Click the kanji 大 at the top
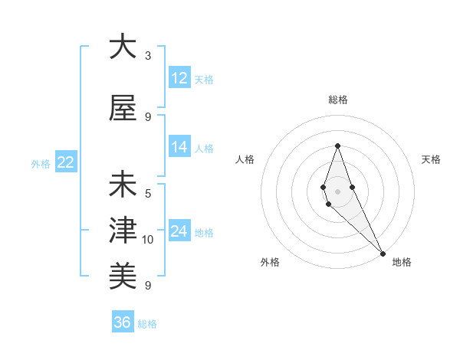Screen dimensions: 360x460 [123, 47]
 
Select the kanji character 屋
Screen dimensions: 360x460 [123, 109]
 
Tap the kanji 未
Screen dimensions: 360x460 [123, 185]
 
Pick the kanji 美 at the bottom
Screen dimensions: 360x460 [123, 274]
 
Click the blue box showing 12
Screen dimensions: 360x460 [179, 78]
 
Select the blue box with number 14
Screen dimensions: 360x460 [179, 147]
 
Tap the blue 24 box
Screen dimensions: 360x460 [179, 231]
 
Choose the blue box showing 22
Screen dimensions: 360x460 [66, 162]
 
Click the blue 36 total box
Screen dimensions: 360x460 [123, 322]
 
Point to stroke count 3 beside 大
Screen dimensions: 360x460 [148, 56]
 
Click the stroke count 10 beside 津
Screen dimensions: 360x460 [148, 240]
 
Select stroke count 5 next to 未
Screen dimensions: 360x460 [148, 194]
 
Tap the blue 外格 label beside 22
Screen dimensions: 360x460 [41, 163]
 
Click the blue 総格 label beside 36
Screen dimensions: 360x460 [147, 324]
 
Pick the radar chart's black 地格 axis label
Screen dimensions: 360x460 [402, 262]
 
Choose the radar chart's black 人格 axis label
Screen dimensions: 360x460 [245, 159]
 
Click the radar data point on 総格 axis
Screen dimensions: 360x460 [337, 146]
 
